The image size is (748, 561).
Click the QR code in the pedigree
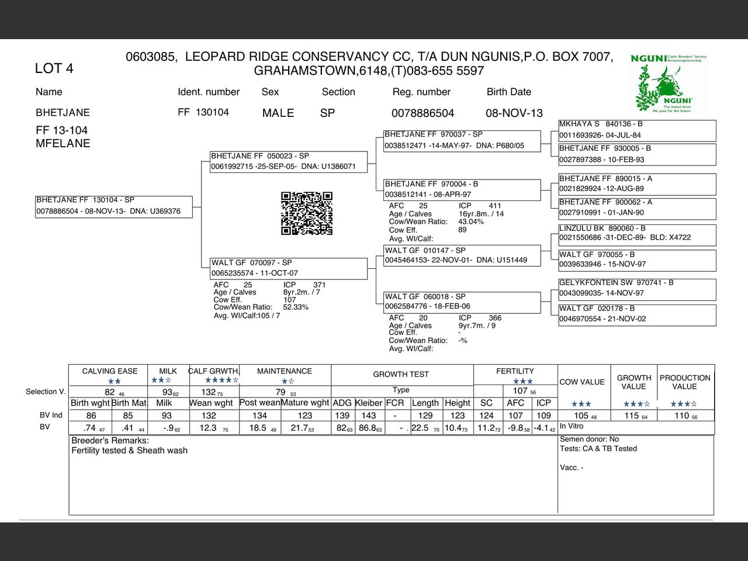307,213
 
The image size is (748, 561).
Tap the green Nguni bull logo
669,84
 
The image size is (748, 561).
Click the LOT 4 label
54,68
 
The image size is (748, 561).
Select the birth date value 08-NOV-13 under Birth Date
514,113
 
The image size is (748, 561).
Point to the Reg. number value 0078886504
423,113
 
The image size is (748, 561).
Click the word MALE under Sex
278,113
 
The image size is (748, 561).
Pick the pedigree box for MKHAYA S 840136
637,130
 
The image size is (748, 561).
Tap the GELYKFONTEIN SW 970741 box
637,288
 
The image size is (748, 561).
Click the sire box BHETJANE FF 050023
289,161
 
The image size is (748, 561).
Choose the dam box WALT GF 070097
289,268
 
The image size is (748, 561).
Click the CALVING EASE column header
110,371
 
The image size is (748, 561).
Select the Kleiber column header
369,403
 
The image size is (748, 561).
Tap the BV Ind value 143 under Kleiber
369,415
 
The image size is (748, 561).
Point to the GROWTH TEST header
401,374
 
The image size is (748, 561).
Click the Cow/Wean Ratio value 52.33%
296,307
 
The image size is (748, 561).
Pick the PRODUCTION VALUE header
685,382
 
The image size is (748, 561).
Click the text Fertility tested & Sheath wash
130,451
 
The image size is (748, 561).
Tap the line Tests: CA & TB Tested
598,449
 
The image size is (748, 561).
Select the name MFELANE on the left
63,143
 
